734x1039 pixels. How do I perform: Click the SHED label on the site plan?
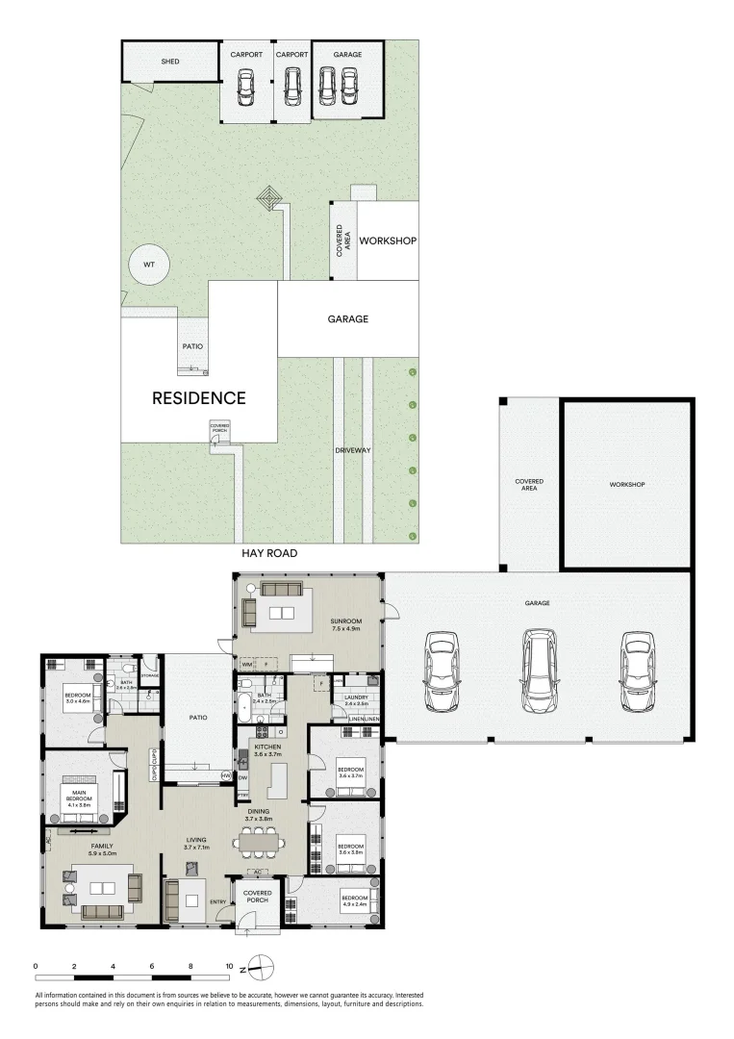(x=169, y=62)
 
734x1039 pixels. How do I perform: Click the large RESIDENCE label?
(x=199, y=397)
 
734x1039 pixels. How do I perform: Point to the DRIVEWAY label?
(x=352, y=449)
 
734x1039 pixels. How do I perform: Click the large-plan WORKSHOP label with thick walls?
(x=626, y=484)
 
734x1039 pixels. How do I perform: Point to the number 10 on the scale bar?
(x=229, y=965)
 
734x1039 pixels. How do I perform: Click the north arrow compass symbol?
(x=265, y=967)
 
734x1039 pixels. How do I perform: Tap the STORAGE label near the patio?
(x=149, y=675)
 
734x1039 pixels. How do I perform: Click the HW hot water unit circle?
(x=224, y=775)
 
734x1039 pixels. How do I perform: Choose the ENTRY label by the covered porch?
(x=217, y=901)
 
